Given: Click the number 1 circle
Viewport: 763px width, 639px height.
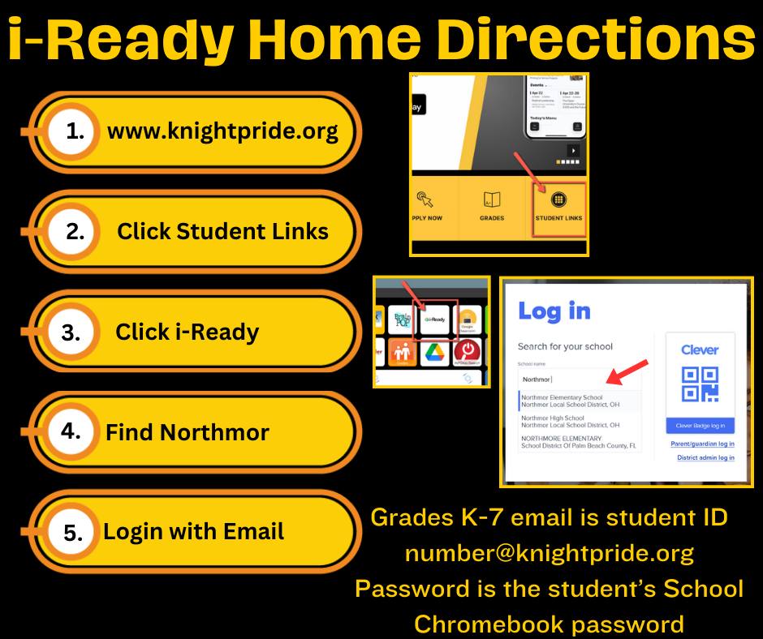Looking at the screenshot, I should click(x=75, y=131).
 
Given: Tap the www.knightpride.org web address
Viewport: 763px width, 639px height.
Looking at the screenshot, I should click(x=222, y=131).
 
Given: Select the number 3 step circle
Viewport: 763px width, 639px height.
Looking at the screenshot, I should click(x=71, y=332).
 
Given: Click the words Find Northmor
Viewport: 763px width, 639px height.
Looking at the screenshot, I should click(x=187, y=431).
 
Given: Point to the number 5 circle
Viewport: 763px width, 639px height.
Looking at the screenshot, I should click(x=73, y=532).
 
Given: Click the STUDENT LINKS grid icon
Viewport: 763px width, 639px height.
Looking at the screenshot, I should click(x=558, y=199).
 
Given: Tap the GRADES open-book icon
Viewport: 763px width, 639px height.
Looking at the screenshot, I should click(x=491, y=199).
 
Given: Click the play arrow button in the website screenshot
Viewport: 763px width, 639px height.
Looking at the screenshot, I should click(x=573, y=151).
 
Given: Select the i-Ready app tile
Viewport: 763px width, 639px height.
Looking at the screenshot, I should click(x=435, y=320).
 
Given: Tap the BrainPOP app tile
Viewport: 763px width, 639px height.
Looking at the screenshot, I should click(x=401, y=319).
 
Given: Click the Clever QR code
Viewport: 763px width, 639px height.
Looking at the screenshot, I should click(x=700, y=384).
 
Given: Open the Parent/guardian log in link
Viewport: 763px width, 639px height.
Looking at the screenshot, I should click(x=702, y=444).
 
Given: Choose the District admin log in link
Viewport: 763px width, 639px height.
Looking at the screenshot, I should click(x=705, y=458).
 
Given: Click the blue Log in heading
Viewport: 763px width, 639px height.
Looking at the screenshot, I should click(x=554, y=311).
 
